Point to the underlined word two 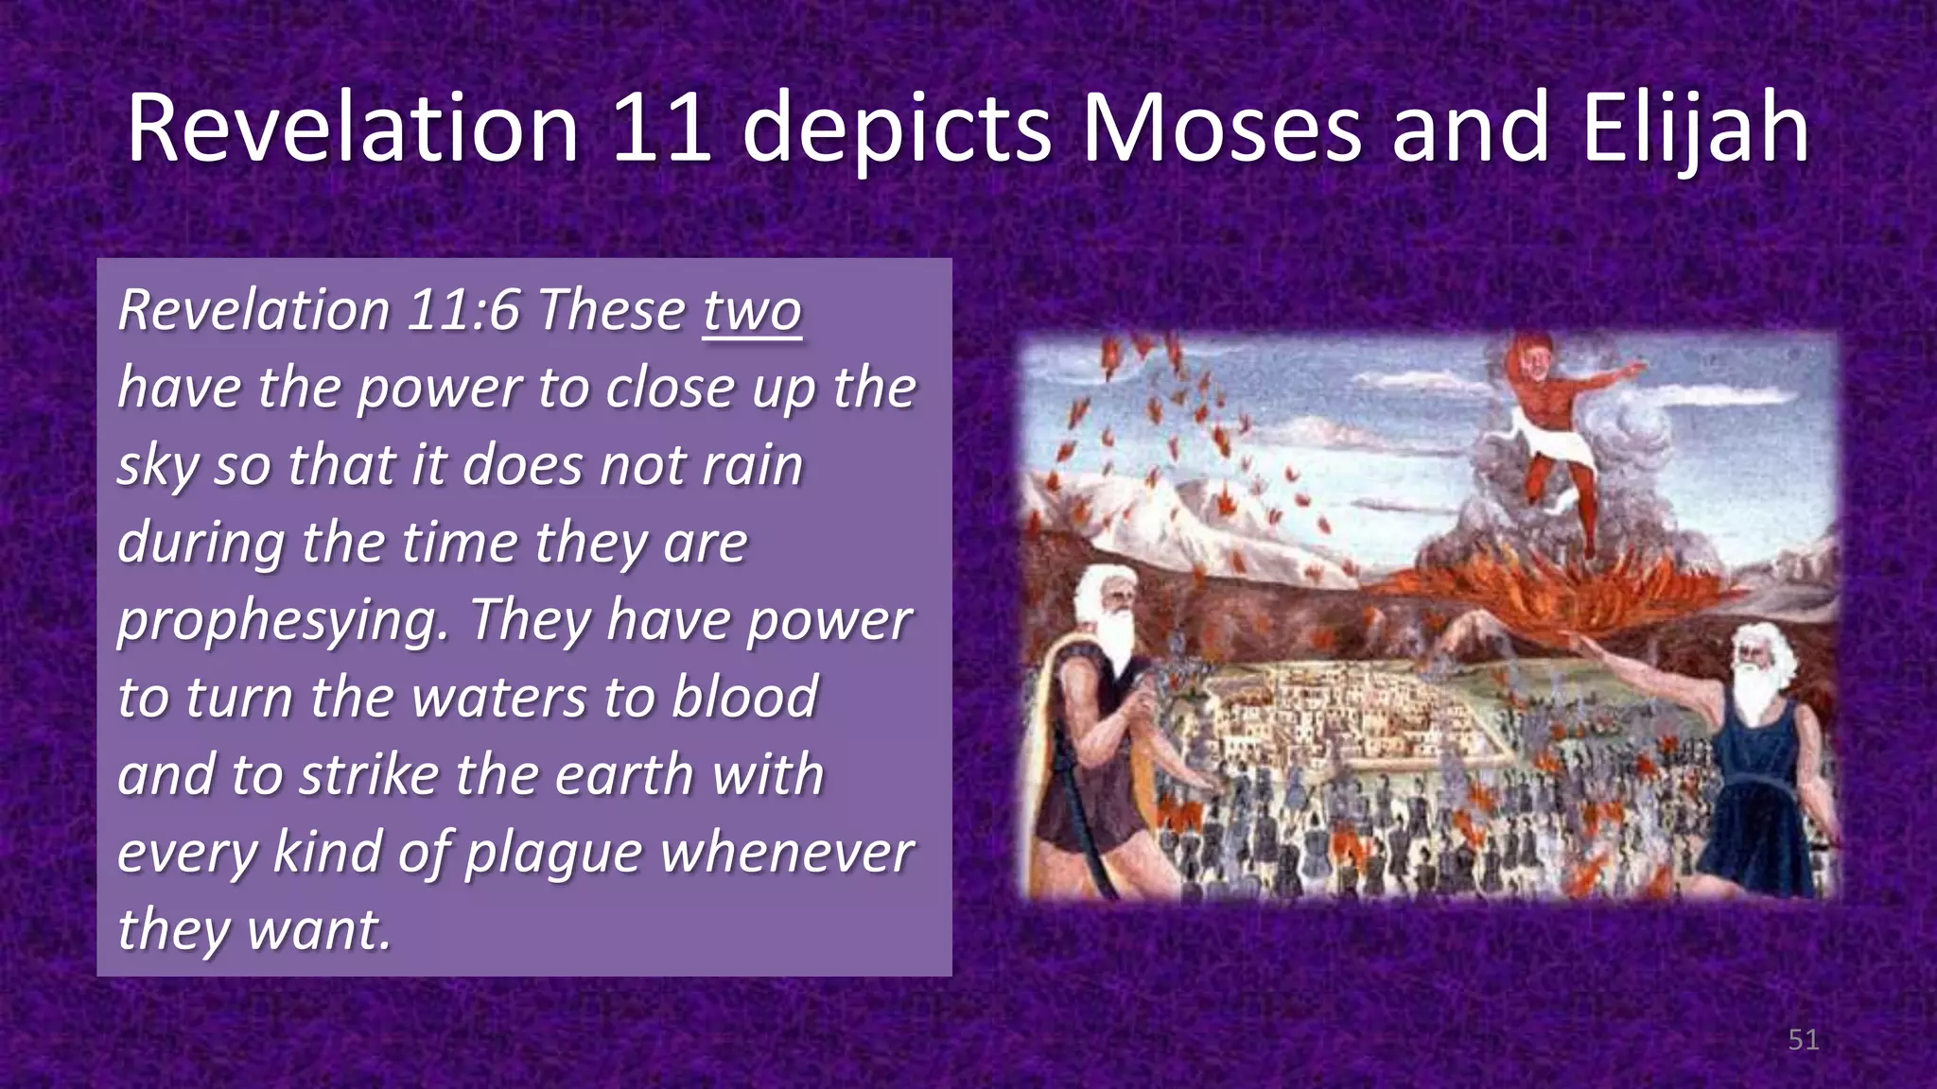752,311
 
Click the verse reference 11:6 463,311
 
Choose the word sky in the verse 157,466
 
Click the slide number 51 1804,1040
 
